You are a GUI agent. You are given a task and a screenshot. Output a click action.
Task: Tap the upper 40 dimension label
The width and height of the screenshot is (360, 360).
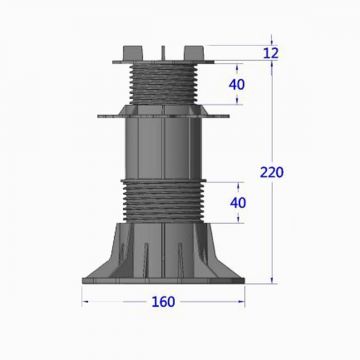pyautogui.click(x=237, y=84)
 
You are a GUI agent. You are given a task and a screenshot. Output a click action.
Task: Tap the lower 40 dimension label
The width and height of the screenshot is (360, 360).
pyautogui.click(x=237, y=202)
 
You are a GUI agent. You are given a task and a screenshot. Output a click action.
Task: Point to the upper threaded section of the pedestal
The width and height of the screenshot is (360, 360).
pyautogui.click(x=160, y=83)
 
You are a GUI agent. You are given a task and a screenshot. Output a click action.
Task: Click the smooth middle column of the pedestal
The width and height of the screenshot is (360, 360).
pyautogui.click(x=160, y=150)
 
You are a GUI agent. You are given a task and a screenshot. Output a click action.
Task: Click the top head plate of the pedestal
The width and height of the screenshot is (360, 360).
pyautogui.click(x=160, y=59)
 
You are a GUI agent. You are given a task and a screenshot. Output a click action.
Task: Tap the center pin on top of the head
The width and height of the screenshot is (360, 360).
pyautogui.click(x=160, y=44)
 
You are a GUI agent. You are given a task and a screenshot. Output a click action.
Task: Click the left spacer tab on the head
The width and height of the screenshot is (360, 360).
pyautogui.click(x=126, y=47)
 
